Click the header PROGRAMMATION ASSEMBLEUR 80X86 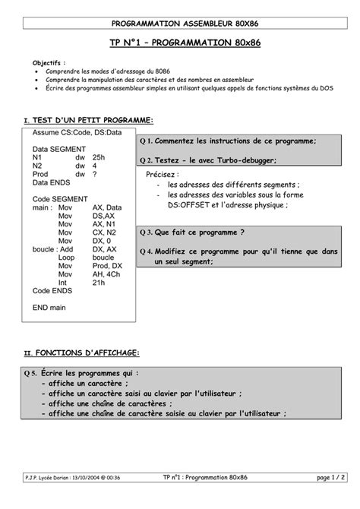tap(179, 24)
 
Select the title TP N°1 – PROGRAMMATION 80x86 tap(179, 44)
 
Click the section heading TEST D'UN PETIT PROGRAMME tap(92, 121)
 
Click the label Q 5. tap(31, 373)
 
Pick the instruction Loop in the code tap(66, 257)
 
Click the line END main tap(49, 308)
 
